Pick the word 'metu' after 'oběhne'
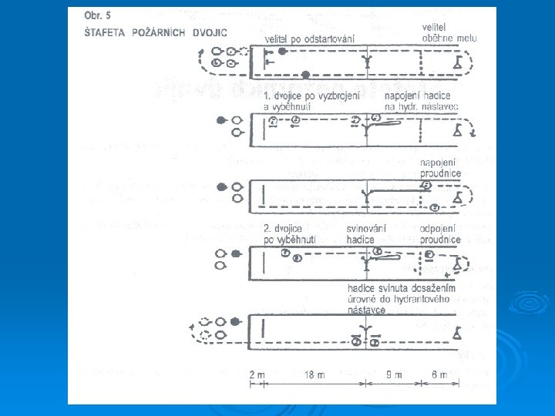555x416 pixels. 467,38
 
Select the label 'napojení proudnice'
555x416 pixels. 440,167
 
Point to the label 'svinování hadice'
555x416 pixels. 367,235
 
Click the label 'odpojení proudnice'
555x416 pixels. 440,235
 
